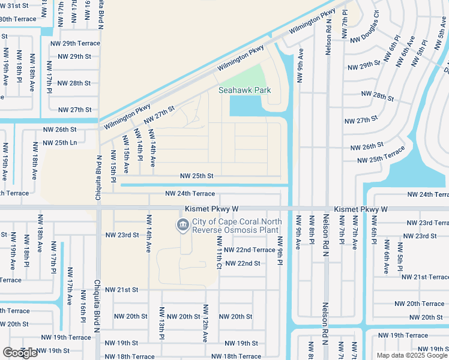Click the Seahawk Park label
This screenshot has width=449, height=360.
tap(244, 91)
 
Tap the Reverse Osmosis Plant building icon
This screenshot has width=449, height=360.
tap(182, 225)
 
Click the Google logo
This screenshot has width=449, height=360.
tap(20, 353)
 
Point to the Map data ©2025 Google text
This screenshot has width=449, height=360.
tap(411, 355)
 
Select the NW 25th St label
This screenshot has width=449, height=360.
tap(197, 176)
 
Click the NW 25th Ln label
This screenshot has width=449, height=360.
tap(59, 143)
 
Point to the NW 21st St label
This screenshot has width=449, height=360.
tap(122, 289)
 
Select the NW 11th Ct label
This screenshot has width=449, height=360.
tap(220, 253)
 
